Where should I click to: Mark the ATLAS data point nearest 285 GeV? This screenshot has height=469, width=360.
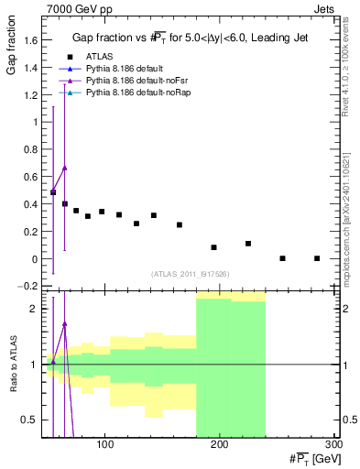point(317,258)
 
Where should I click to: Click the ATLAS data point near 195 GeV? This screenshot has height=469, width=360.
point(213,247)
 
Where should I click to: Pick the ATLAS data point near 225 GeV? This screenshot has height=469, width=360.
point(248,244)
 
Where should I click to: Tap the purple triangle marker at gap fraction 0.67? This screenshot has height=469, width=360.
point(65,168)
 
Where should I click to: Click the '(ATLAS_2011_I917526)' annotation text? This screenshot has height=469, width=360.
point(190,274)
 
